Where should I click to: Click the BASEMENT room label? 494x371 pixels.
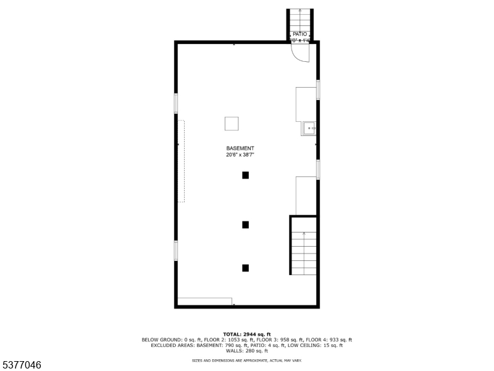coord(240,148)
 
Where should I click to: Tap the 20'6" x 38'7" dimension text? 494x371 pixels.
coord(240,155)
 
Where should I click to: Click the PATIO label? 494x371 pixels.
coord(299,34)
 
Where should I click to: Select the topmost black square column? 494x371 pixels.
coord(245,175)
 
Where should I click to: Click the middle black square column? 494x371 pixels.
coord(245,224)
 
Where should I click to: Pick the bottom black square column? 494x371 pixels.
coord(245,268)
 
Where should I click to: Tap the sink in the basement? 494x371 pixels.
coord(309,129)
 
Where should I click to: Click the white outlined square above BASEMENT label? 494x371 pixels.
coord(232,124)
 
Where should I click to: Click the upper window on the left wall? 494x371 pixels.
coord(176,103)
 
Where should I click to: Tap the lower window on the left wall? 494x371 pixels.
coord(176,250)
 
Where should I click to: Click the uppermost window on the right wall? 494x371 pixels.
coord(318,90)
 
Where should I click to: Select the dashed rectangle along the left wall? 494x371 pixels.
coord(182,161)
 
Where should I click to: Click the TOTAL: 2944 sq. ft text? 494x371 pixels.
coord(247,334)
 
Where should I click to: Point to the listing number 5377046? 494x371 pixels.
coord(21,365)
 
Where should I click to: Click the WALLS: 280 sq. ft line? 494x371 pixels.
coord(247,351)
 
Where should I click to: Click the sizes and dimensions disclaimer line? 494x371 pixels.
coord(247,360)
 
